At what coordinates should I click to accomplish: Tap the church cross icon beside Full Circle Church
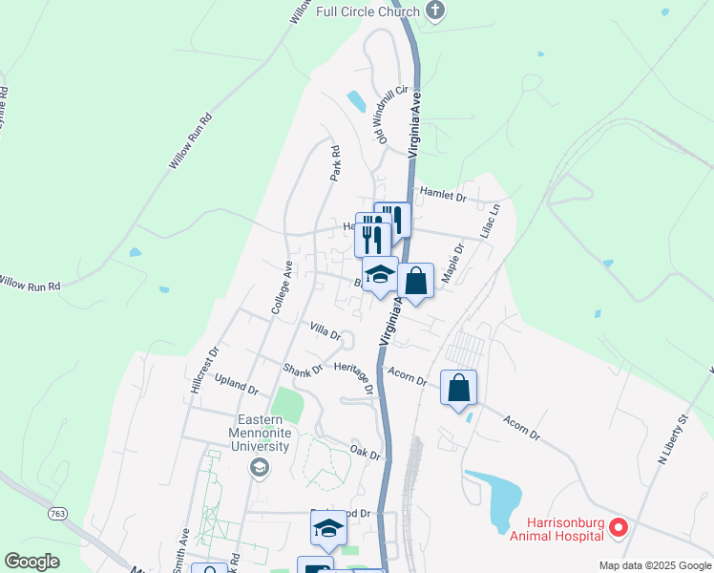(x=436, y=12)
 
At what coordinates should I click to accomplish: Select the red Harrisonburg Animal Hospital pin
(x=619, y=526)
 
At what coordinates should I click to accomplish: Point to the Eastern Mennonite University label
(x=264, y=432)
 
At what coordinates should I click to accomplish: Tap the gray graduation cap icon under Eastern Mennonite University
(x=258, y=467)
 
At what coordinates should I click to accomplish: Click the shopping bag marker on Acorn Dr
(x=459, y=389)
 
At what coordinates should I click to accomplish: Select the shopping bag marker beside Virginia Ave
(x=416, y=282)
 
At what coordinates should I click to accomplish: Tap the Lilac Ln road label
(x=490, y=221)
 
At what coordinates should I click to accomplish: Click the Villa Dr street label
(x=325, y=330)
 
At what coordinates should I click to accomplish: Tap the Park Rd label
(x=335, y=163)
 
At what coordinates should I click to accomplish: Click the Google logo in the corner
(x=32, y=562)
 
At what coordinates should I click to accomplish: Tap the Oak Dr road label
(x=366, y=451)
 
